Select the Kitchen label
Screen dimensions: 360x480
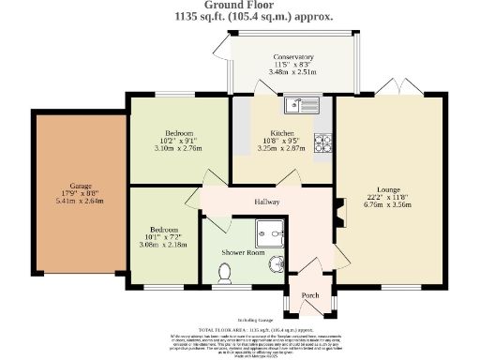pos(282,132)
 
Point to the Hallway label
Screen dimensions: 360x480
pos(268,202)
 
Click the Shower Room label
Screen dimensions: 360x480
pos(242,253)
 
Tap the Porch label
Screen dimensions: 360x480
pos(309,296)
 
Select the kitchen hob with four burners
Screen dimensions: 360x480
pos(323,143)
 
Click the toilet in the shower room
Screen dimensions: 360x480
pos(224,273)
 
